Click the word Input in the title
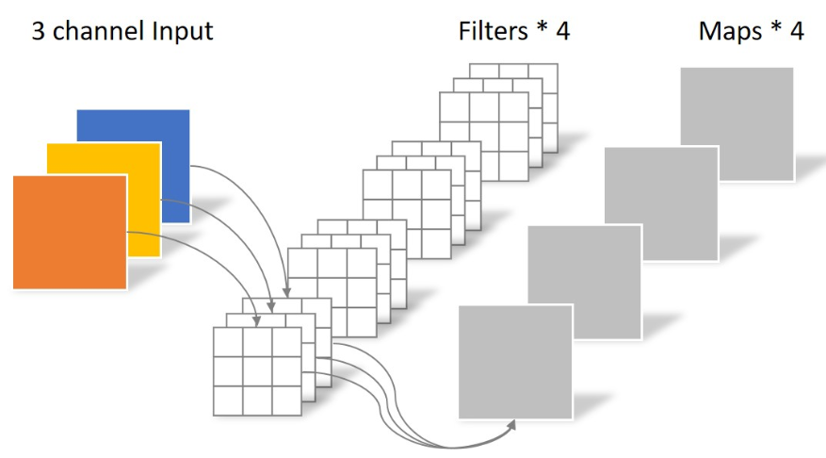click(x=179, y=31)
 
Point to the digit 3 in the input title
click(x=40, y=31)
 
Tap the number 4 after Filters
click(x=562, y=31)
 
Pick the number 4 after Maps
click(x=797, y=31)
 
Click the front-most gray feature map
click(x=514, y=362)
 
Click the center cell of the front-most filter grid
click(x=257, y=370)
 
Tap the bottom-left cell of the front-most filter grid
click(x=229, y=399)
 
